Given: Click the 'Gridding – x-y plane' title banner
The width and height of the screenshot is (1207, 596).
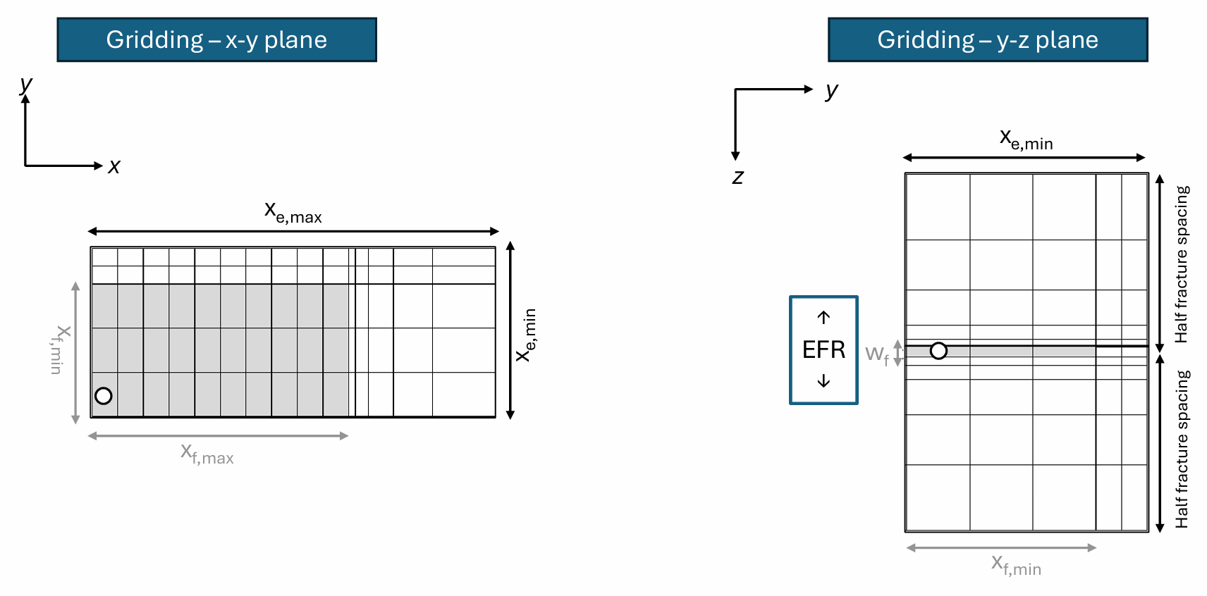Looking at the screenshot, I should tap(216, 40).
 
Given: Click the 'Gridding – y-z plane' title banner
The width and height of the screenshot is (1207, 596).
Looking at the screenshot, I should tap(987, 40).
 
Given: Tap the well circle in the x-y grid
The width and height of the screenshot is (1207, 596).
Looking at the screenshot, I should tap(104, 396).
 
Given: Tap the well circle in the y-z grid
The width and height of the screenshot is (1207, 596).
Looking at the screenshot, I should tap(938, 351).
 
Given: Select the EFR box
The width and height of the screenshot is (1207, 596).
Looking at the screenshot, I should tap(823, 349).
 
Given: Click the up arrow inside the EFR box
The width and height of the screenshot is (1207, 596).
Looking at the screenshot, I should tap(823, 318).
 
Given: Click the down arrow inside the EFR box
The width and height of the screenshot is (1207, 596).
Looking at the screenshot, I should tap(823, 381).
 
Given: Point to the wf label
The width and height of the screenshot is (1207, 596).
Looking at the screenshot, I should tap(876, 354).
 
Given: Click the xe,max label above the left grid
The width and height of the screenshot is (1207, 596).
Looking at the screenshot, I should tap(293, 212).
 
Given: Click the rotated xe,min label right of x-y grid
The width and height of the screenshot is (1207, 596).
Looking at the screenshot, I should tap(527, 335).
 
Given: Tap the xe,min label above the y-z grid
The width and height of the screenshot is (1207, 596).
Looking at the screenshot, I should tap(1026, 139).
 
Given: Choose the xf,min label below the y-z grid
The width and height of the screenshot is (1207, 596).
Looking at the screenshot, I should tap(1016, 565).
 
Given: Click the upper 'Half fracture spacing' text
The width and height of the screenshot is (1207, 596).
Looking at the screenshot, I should tap(1182, 264).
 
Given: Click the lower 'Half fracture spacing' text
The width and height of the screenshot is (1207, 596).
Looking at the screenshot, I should tap(1182, 449).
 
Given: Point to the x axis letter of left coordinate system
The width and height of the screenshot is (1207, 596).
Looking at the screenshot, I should tap(114, 167).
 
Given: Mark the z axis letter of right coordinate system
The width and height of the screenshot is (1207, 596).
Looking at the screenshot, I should tap(737, 177).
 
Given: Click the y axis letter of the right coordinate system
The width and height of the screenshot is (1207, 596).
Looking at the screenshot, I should tap(832, 90).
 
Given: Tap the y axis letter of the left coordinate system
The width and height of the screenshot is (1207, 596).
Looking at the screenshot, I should tap(26, 85).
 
